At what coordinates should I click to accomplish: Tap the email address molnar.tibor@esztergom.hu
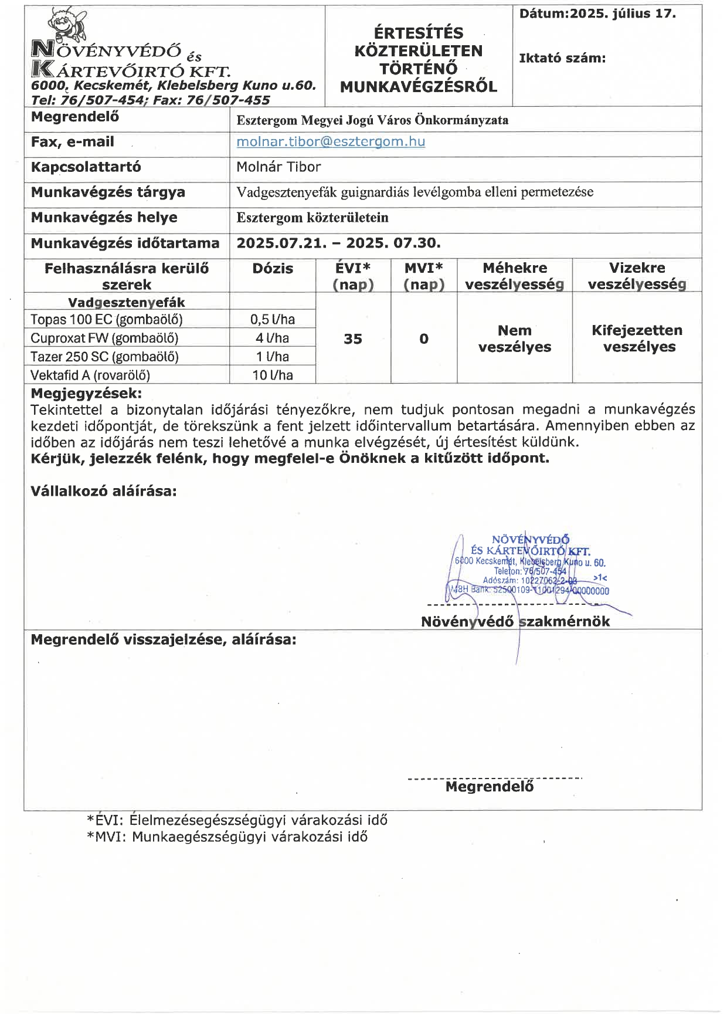331,142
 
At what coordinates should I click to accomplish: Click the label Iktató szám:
562,58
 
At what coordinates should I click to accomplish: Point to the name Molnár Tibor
278,167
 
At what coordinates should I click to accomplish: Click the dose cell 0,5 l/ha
273,320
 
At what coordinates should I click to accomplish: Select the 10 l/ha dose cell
273,375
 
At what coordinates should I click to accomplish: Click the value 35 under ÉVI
353,339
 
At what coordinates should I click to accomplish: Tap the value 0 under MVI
424,339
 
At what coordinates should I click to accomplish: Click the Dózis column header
273,269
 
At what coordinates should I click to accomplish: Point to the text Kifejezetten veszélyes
637,339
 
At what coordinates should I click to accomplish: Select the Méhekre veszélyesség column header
515,276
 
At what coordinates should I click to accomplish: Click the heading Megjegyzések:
86,393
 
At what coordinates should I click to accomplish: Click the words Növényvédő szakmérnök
515,622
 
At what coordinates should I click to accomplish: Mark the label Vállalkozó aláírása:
104,492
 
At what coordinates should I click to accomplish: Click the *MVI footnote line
227,837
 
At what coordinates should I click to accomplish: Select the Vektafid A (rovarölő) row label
90,375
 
